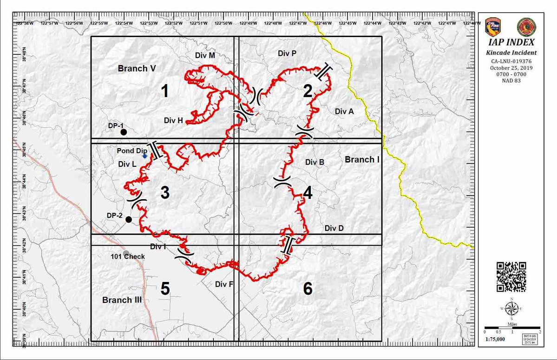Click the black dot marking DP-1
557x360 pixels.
[x=124, y=132]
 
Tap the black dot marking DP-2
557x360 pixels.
[x=129, y=219]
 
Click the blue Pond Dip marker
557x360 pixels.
[x=145, y=156]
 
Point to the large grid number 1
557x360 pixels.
[x=164, y=92]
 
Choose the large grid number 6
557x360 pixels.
[x=308, y=289]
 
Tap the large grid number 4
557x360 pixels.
[x=308, y=193]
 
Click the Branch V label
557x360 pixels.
[x=136, y=68]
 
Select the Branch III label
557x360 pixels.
[x=122, y=300]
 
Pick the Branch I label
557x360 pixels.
[x=362, y=160]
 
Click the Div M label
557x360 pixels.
[x=205, y=55]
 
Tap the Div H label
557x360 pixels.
[x=173, y=120]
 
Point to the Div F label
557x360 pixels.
[x=224, y=284]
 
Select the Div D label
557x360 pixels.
[x=334, y=228]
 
